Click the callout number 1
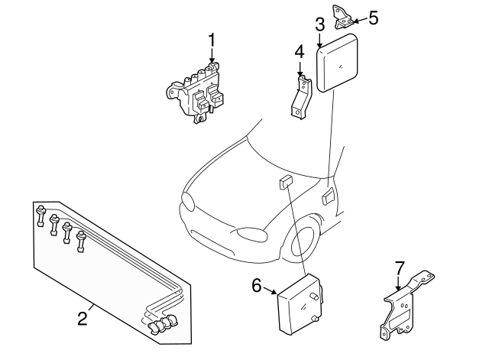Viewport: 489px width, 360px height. pyautogui.click(x=212, y=38)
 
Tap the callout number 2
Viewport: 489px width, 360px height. pyautogui.click(x=81, y=315)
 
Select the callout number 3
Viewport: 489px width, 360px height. pyautogui.click(x=320, y=23)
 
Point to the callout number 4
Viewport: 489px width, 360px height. pyautogui.click(x=300, y=52)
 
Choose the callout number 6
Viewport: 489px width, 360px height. pyautogui.click(x=257, y=286)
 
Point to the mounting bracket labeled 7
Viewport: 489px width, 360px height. pyautogui.click(x=405, y=306)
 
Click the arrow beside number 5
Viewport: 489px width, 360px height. pyautogui.click(x=358, y=18)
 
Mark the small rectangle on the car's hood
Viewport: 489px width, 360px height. pyautogui.click(x=285, y=182)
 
